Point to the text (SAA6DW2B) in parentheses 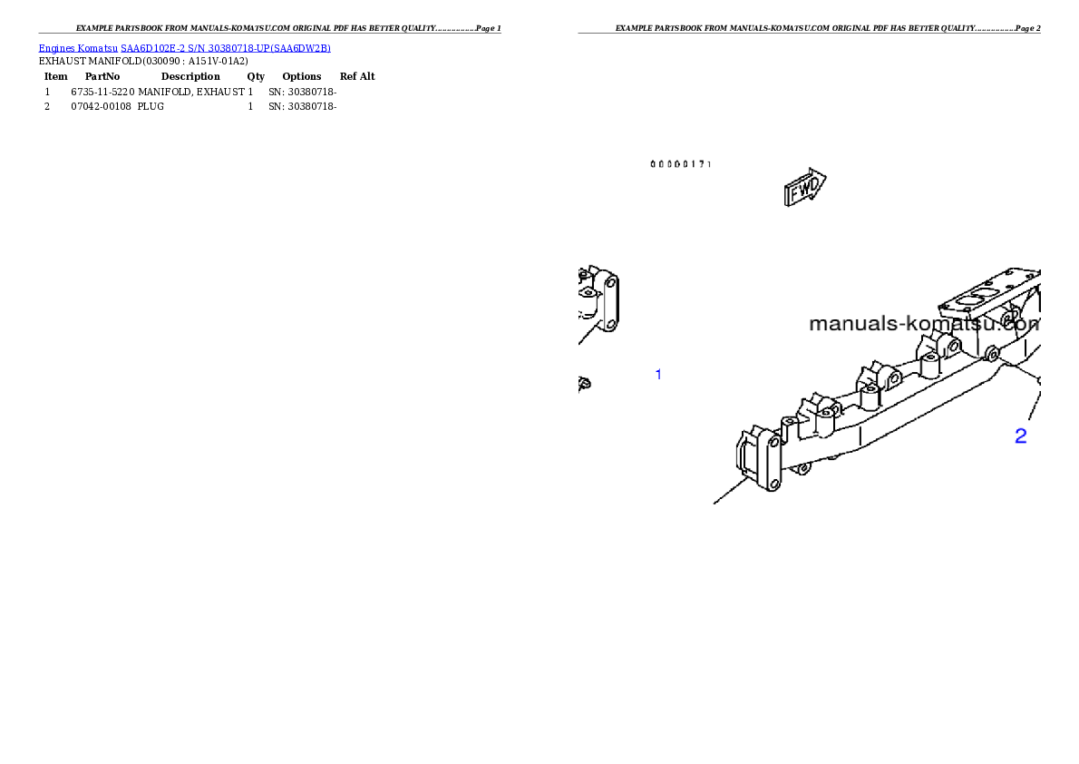(300, 47)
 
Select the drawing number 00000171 (681, 164)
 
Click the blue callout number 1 (658, 374)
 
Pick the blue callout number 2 (1020, 436)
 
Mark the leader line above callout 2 (1033, 405)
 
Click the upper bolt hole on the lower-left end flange (773, 441)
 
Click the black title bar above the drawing (809, 33)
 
